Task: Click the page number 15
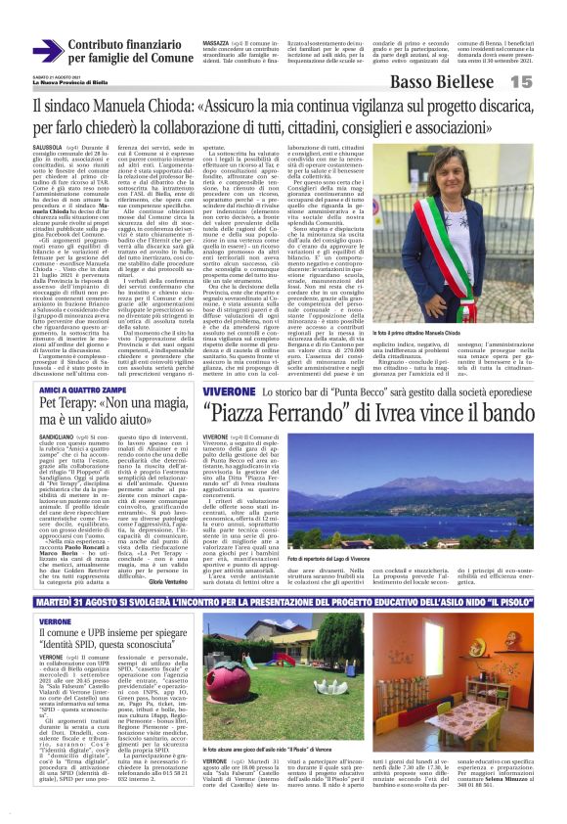click(546, 83)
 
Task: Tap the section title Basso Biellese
click(480, 83)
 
